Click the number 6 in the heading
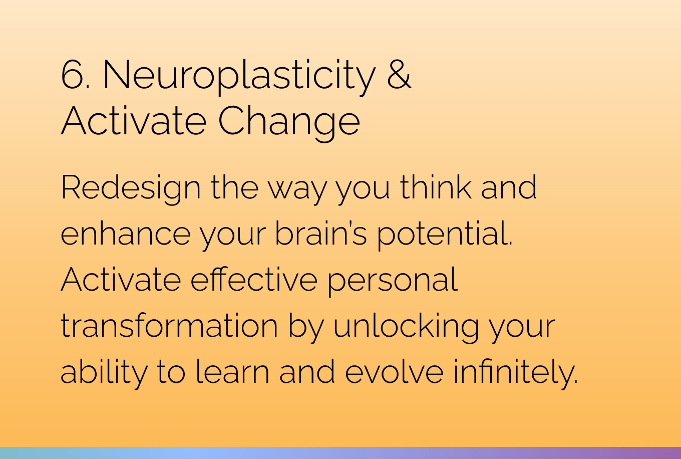72,75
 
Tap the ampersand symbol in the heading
400,74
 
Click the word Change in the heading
289,123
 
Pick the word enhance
126,234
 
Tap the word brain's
321,233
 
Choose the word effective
254,279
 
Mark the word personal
393,281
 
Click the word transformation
169,326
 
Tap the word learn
232,371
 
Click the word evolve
395,371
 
